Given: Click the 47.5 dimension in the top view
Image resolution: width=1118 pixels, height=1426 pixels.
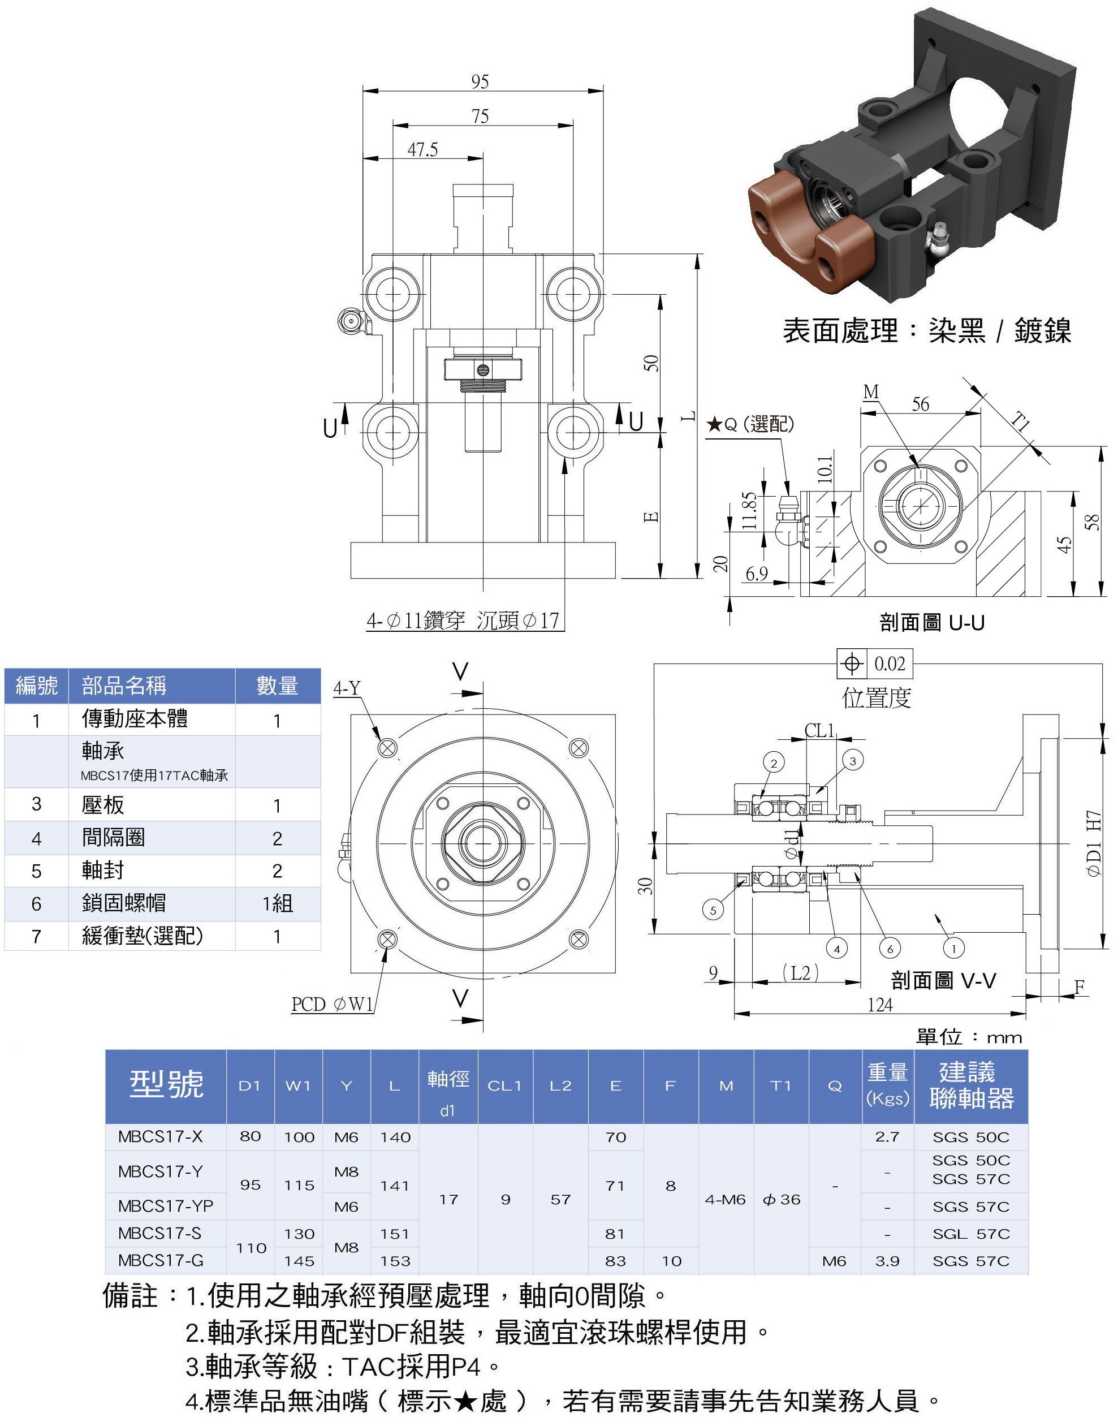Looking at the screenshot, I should click(422, 150).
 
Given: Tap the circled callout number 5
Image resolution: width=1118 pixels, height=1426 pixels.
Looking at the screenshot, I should click(713, 910).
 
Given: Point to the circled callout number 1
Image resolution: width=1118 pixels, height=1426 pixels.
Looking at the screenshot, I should click(953, 948).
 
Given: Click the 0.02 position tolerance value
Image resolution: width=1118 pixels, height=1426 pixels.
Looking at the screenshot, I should click(890, 664).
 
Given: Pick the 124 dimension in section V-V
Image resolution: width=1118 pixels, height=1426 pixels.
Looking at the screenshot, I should click(880, 1005).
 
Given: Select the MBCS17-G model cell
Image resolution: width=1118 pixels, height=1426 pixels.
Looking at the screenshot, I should click(161, 1260).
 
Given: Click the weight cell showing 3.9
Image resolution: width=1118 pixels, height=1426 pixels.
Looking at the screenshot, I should click(887, 1260).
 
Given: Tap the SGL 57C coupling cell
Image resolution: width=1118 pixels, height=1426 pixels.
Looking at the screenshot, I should click(971, 1234).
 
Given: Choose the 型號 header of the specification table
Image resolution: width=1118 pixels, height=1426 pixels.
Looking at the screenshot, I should click(166, 1085).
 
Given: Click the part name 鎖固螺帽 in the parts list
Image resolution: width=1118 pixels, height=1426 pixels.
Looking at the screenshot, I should click(124, 903).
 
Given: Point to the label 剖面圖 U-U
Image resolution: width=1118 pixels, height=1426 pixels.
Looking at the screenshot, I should click(931, 623).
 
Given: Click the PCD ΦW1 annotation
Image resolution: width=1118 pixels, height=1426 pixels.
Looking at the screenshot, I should click(332, 1005).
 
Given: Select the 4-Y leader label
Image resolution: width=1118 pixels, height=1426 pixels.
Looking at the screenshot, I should click(347, 688).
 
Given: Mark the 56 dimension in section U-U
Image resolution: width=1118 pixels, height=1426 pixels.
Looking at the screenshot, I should click(920, 404).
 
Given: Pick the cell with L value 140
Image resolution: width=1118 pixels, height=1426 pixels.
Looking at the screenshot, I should click(395, 1136).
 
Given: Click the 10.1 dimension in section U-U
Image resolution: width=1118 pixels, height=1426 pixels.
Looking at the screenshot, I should click(826, 469).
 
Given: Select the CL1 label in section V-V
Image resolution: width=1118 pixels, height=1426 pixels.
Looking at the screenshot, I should click(819, 730).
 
